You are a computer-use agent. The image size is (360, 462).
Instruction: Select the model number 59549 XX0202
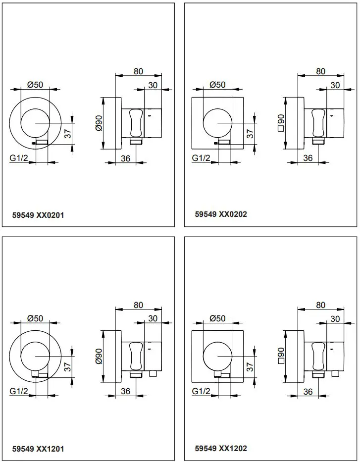(221, 214)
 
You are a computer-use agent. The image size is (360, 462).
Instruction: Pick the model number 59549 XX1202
(221, 448)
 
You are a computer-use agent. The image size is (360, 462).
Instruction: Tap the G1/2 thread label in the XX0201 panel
(19, 158)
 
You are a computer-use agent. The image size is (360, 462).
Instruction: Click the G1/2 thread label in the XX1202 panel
(201, 391)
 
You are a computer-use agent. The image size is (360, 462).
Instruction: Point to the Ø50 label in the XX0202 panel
(217, 85)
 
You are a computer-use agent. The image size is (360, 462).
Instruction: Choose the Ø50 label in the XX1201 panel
(35, 318)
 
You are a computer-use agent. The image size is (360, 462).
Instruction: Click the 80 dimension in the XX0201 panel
(138, 71)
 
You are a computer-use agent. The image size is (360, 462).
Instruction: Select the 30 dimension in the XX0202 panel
(335, 85)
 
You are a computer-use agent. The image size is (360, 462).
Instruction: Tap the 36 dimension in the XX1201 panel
(125, 391)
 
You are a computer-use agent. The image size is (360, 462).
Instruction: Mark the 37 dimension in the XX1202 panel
(250, 366)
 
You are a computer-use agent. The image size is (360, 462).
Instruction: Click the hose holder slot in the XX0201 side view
(135, 122)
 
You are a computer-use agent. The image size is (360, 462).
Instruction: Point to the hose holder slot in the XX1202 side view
(317, 356)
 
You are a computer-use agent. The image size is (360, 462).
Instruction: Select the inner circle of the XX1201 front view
(35, 356)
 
